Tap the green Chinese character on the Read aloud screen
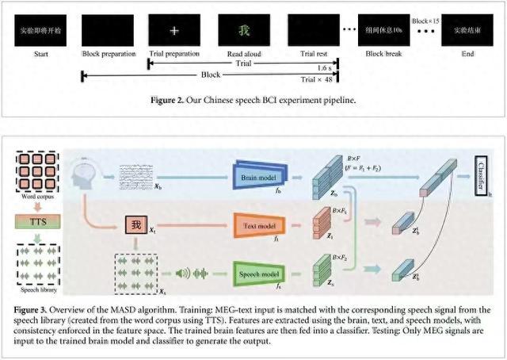click(244, 29)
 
